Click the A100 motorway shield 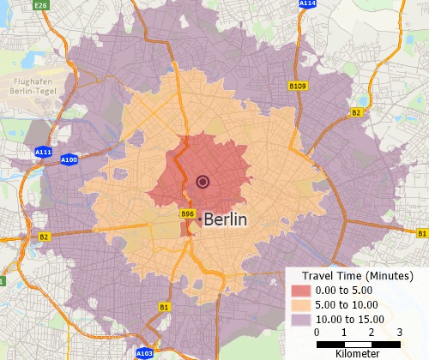(x=69, y=159)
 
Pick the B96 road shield (x=186, y=213)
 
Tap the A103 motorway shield (x=145, y=353)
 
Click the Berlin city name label (x=226, y=219)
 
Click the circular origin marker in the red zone (x=203, y=181)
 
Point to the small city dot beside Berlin (x=200, y=220)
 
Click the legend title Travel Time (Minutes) (x=353, y=276)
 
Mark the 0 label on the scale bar (x=317, y=332)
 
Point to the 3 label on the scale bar (x=400, y=332)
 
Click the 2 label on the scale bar (x=372, y=332)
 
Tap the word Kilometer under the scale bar (x=358, y=352)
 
